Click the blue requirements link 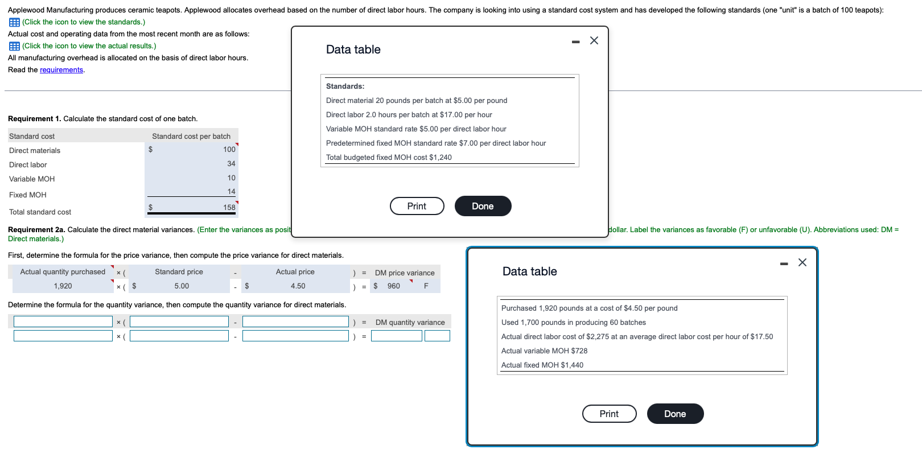click(x=61, y=70)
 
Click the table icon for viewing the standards click(x=14, y=22)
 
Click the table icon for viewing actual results click(x=14, y=46)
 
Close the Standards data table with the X click(x=594, y=40)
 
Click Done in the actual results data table click(x=675, y=414)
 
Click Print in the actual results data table click(x=609, y=414)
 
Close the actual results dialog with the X click(x=802, y=262)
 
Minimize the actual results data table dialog click(x=784, y=263)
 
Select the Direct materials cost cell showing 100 click(x=229, y=150)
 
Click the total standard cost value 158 click(x=229, y=208)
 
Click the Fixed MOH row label click(x=28, y=195)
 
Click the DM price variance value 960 click(x=394, y=286)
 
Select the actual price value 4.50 click(x=298, y=286)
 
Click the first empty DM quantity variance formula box click(x=63, y=322)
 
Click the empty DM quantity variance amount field click(x=397, y=336)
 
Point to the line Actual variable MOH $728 click(x=544, y=351)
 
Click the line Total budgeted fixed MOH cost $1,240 click(x=389, y=158)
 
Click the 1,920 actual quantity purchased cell click(x=63, y=286)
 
